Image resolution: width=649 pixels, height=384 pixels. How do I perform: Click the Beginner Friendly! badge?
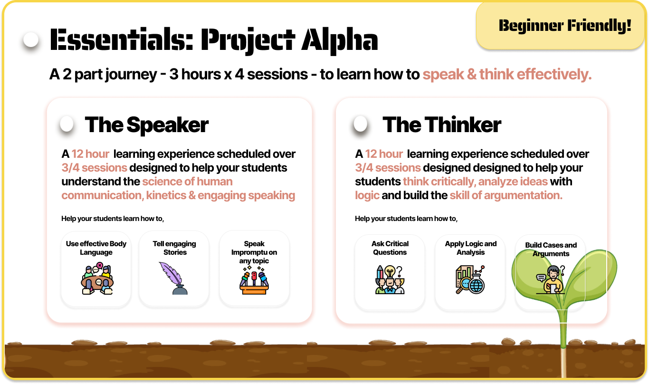[561, 26]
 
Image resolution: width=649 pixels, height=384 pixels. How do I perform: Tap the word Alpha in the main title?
[340, 40]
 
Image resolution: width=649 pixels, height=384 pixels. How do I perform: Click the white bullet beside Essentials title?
[31, 40]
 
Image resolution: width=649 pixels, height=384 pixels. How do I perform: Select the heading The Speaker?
[147, 125]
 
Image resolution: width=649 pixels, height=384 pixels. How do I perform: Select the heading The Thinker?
[442, 125]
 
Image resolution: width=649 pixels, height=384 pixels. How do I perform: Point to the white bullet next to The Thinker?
[361, 124]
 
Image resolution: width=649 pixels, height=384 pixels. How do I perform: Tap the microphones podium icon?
[254, 280]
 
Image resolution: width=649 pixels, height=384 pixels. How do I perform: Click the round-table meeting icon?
[96, 278]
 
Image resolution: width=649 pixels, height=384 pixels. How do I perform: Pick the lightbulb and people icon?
[390, 279]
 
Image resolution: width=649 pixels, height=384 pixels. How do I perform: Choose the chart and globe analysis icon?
[470, 279]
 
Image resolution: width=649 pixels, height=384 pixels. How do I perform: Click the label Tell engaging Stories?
[174, 248]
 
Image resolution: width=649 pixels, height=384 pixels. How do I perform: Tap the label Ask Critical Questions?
[390, 248]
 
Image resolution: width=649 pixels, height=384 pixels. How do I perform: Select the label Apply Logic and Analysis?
[471, 248]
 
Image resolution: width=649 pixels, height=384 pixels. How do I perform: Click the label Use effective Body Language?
[96, 248]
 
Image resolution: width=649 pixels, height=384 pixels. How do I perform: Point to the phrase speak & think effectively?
[507, 75]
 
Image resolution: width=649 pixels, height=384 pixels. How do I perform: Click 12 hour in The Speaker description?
[90, 154]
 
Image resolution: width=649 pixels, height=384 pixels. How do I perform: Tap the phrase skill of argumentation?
[506, 195]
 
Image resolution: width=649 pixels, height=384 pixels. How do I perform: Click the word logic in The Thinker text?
[367, 196]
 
